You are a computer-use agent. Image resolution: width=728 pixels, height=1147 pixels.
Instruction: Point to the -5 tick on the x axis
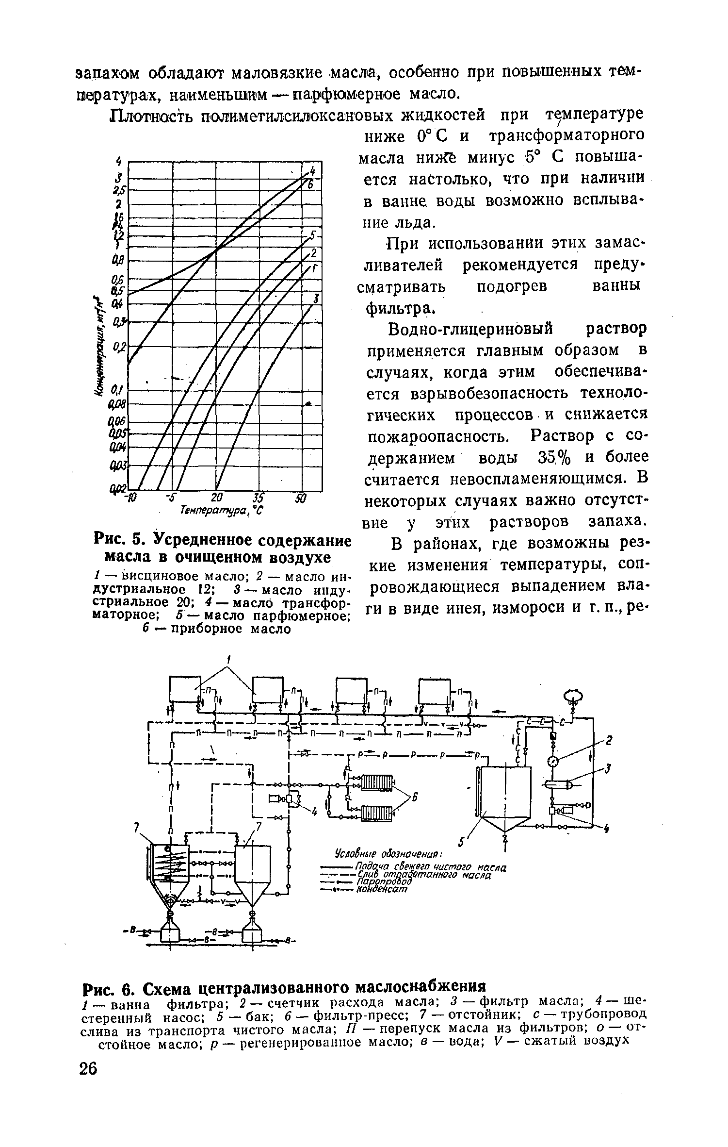coord(170,498)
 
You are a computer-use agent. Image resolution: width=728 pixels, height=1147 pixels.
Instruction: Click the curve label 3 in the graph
coord(316,298)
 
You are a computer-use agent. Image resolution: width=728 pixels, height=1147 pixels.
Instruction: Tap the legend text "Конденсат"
coord(382,890)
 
